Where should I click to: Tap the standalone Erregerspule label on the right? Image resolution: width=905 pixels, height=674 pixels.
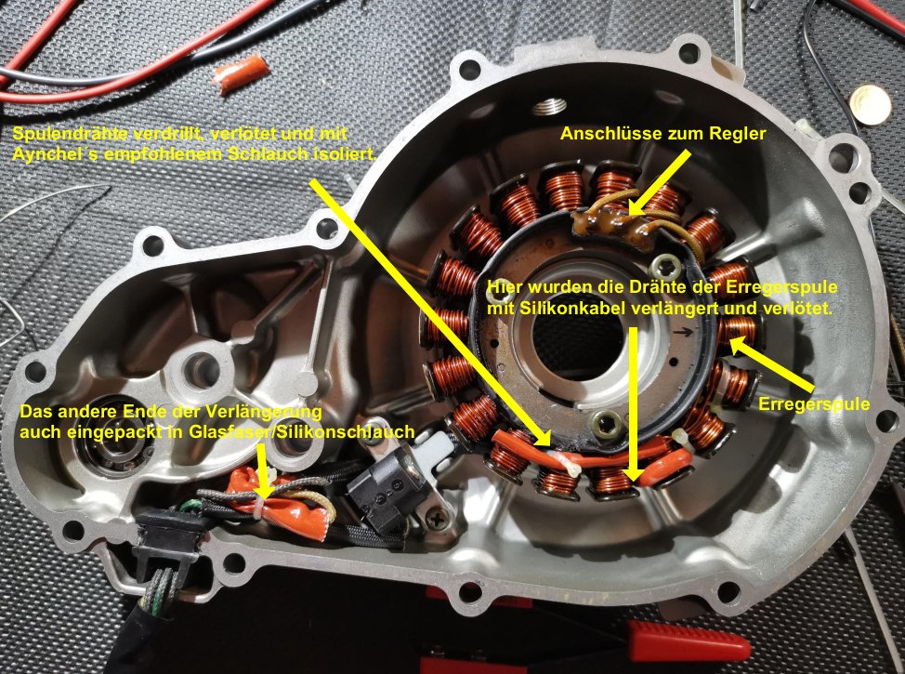[814, 403]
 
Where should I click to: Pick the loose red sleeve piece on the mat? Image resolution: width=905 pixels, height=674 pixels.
[242, 74]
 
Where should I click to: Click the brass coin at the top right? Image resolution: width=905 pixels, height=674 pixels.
[871, 104]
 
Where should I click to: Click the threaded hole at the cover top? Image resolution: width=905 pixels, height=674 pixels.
[547, 106]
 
